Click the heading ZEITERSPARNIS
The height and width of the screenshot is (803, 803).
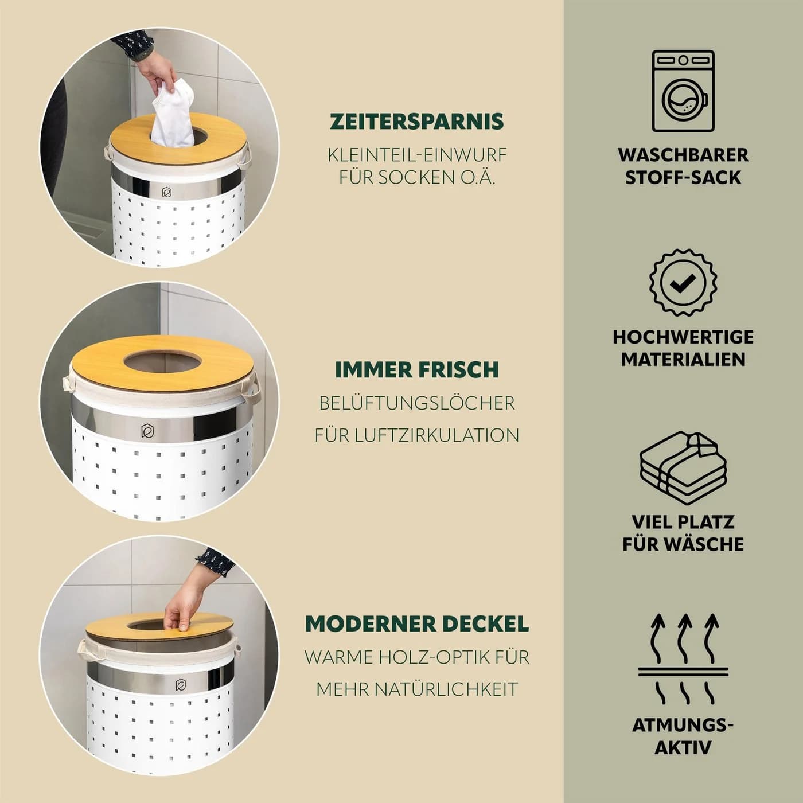pyautogui.click(x=417, y=121)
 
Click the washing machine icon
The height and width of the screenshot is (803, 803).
pyautogui.click(x=683, y=91)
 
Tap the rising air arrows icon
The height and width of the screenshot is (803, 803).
pyautogui.click(x=683, y=659)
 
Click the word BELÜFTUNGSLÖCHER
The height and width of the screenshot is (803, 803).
pyautogui.click(x=417, y=403)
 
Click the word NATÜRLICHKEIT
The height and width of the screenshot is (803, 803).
pyautogui.click(x=446, y=689)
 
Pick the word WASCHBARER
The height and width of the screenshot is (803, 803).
pyautogui.click(x=683, y=155)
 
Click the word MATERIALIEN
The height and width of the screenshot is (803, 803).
pyautogui.click(x=683, y=359)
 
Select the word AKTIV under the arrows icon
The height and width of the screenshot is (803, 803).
pyautogui.click(x=683, y=747)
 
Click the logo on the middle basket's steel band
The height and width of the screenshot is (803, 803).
pyautogui.click(x=147, y=431)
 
